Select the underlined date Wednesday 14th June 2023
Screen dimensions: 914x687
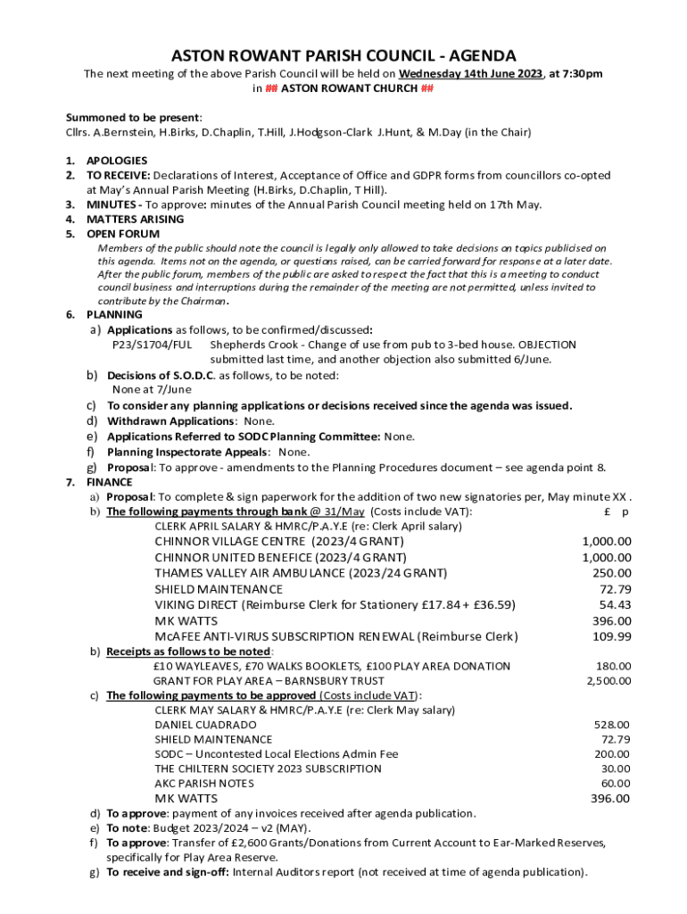470,74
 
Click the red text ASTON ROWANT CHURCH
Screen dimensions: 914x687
343,89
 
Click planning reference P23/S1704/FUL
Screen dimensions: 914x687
152,345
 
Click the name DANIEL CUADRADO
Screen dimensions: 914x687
205,725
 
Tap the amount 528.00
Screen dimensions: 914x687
612,725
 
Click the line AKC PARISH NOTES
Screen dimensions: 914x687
203,783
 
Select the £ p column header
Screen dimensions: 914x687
617,512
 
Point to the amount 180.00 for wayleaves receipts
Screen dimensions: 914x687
613,667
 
